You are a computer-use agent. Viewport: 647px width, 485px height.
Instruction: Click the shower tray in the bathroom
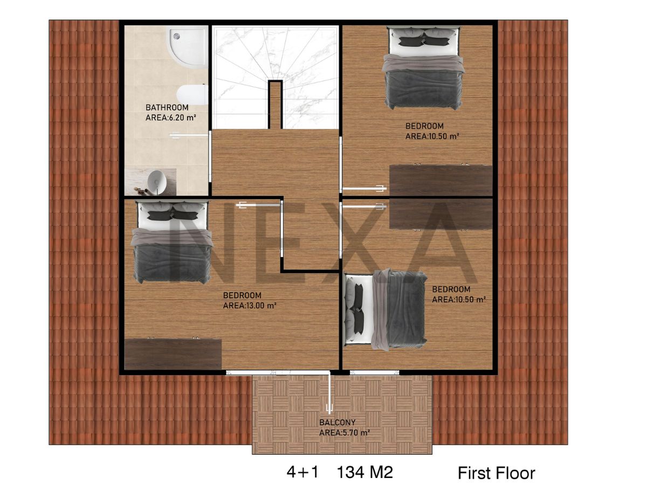click(x=188, y=46)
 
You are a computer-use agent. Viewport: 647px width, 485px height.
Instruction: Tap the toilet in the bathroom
click(x=192, y=95)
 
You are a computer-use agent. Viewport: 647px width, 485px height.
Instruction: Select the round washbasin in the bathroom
click(x=157, y=182)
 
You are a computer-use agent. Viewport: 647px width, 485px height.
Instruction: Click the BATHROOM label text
click(x=167, y=107)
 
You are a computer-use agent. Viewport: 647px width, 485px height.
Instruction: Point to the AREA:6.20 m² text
click(x=171, y=118)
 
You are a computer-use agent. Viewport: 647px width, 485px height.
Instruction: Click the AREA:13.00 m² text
click(x=250, y=306)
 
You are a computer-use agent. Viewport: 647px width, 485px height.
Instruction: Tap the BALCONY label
click(x=337, y=422)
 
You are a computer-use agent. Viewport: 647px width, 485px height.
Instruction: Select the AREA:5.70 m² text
click(x=345, y=433)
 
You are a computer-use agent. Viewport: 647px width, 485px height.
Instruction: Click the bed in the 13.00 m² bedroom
click(x=172, y=242)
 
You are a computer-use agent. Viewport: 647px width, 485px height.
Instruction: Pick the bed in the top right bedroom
click(x=423, y=68)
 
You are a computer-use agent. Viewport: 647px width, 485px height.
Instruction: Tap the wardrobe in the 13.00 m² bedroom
click(x=173, y=354)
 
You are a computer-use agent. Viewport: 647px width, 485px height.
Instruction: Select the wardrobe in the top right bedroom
click(x=440, y=180)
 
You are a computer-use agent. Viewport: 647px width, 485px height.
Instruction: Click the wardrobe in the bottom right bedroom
click(x=440, y=214)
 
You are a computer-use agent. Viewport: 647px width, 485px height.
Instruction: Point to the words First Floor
click(x=497, y=474)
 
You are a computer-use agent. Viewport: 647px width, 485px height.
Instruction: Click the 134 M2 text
click(x=364, y=473)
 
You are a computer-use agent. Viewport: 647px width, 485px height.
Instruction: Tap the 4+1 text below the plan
click(x=302, y=473)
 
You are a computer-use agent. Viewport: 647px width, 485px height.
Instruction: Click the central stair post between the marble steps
click(x=276, y=105)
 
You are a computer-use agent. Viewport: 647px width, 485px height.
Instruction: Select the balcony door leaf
click(x=329, y=391)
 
